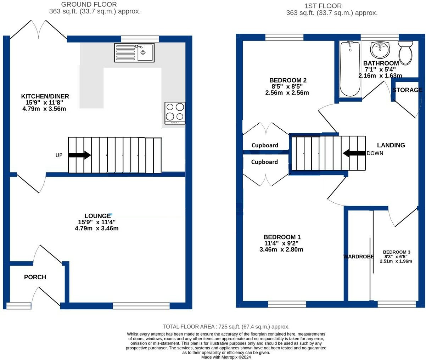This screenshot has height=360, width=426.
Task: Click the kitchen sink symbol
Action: pyautogui.click(x=134, y=52)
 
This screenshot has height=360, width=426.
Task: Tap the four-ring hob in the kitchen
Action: pyautogui.click(x=175, y=113)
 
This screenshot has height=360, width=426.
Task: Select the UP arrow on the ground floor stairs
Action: pyautogui.click(x=80, y=155)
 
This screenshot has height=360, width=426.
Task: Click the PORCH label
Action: pyautogui.click(x=35, y=277)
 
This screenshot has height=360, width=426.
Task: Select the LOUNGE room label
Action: pyautogui.click(x=97, y=216)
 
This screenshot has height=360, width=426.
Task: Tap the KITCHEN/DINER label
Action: pyautogui.click(x=45, y=96)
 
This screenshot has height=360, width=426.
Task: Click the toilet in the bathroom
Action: pyautogui.click(x=405, y=52)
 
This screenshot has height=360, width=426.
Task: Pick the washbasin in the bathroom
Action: pyautogui.click(x=380, y=50)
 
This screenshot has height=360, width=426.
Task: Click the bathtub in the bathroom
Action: pyautogui.click(x=350, y=69)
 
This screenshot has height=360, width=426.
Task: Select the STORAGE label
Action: pyautogui.click(x=407, y=90)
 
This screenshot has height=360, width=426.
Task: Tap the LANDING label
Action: pyautogui.click(x=391, y=145)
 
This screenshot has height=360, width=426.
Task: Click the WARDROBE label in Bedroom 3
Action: pyautogui.click(x=358, y=257)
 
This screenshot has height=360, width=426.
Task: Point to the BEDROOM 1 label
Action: pyautogui.click(x=282, y=237)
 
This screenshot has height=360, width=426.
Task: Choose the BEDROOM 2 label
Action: pyautogui.click(x=288, y=80)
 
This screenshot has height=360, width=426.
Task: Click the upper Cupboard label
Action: pyautogui.click(x=264, y=145)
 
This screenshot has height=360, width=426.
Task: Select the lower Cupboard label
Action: pyautogui.click(x=264, y=162)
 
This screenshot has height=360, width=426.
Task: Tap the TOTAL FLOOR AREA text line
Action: pyautogui.click(x=226, y=327)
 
